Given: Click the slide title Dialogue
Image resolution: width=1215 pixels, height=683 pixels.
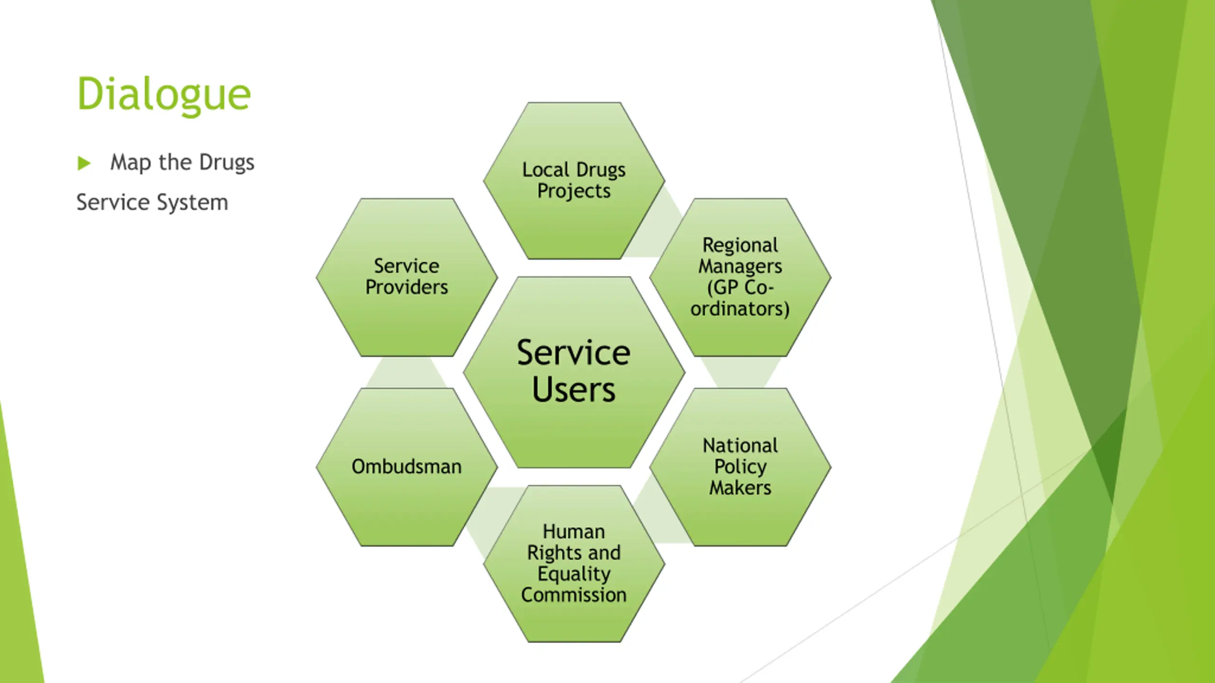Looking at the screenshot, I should (164, 94).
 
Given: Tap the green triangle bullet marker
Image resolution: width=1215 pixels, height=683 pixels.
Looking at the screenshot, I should (84, 163).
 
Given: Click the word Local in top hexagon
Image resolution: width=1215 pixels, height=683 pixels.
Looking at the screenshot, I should (545, 170).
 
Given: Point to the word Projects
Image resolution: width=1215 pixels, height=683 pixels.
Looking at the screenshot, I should (574, 192).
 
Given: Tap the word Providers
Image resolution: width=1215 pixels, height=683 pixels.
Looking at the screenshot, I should (407, 287).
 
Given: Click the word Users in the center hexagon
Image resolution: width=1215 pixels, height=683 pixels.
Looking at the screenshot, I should (573, 390).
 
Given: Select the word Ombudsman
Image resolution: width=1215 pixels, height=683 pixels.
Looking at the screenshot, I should (407, 467).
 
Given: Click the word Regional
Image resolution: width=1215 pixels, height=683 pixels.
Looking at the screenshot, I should (740, 245).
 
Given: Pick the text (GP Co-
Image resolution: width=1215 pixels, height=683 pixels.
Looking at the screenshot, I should (740, 288).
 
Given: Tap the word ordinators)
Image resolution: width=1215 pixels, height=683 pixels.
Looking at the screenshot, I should (740, 309).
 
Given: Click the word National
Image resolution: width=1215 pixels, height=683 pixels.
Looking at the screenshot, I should (740, 446).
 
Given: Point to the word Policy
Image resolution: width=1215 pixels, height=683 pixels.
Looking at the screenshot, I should (740, 467).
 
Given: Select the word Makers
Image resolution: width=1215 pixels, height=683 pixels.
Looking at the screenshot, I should (740, 488).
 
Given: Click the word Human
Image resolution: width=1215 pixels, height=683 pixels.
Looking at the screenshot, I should (574, 532).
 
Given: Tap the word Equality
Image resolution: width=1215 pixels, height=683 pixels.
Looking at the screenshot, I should (574, 574).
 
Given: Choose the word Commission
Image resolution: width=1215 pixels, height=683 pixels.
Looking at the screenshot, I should (574, 595).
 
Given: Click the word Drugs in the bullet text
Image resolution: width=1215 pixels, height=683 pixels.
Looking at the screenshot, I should (227, 163).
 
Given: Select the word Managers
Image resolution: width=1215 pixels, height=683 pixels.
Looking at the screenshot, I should (740, 267).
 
